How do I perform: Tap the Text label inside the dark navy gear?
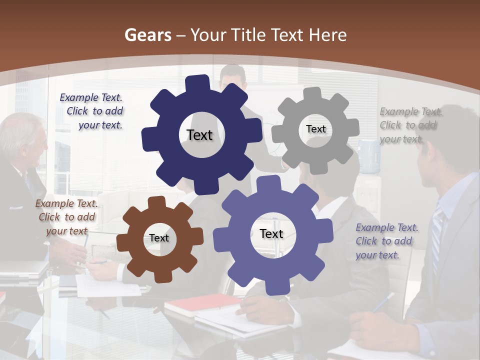click(x=199, y=135)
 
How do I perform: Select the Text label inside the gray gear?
click(x=315, y=129)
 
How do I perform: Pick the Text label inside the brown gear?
click(x=159, y=238)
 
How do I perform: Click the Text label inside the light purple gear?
click(x=271, y=233)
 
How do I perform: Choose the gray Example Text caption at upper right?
click(x=410, y=125)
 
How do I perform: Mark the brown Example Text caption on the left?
click(x=66, y=217)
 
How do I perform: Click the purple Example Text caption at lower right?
click(x=386, y=241)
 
